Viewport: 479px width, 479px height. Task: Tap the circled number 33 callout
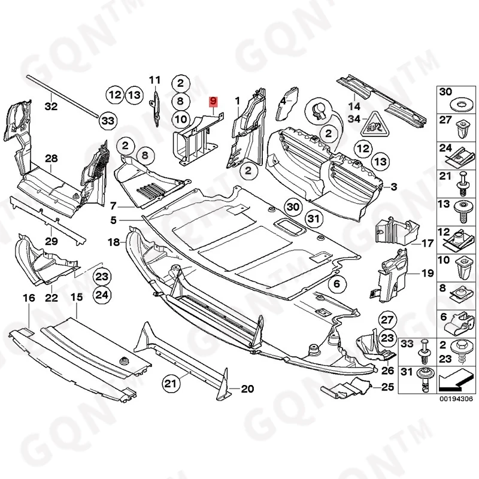(107, 122)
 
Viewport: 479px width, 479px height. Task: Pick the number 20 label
(247, 390)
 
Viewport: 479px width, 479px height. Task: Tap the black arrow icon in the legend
(457, 379)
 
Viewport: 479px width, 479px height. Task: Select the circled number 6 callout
(336, 284)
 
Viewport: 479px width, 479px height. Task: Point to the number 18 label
(114, 242)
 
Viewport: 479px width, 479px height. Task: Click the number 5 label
(113, 220)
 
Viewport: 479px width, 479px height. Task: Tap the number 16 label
(28, 298)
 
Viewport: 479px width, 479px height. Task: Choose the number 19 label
(426, 273)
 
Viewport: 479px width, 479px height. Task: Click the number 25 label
(387, 387)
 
